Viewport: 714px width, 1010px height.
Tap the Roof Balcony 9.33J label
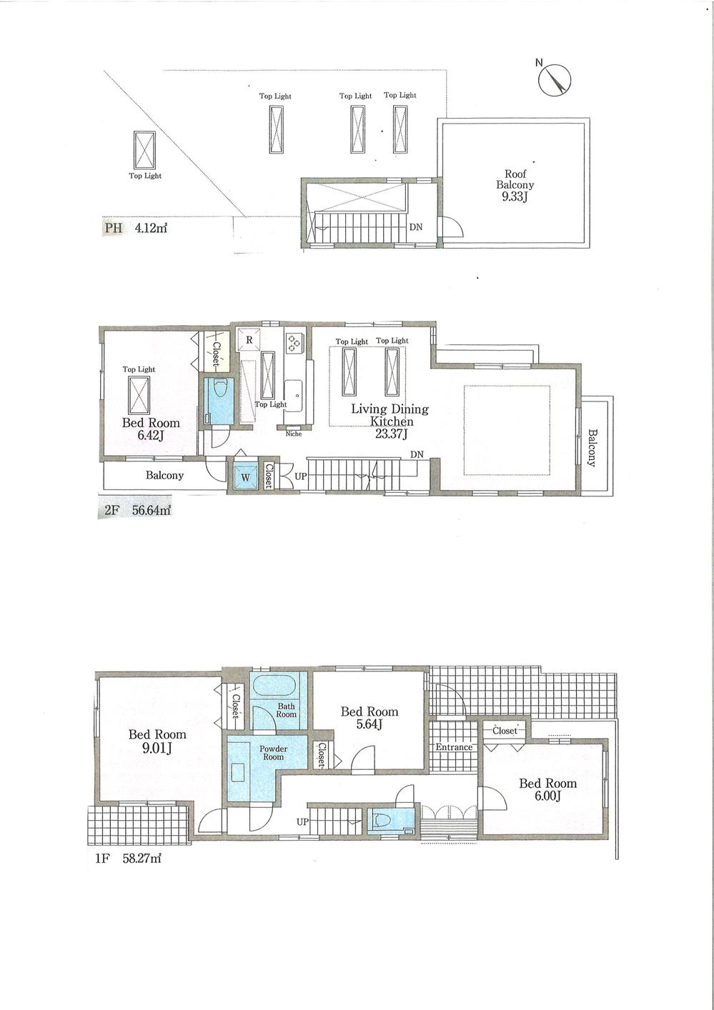pyautogui.click(x=515, y=184)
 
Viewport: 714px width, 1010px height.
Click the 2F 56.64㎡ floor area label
pyautogui.click(x=137, y=511)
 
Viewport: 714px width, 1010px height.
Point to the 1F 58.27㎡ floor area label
pyautogui.click(x=129, y=859)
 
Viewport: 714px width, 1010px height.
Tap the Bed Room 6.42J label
pyautogui.click(x=151, y=428)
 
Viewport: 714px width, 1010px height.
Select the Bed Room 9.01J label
pyautogui.click(x=157, y=741)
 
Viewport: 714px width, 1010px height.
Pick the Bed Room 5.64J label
pyautogui.click(x=370, y=718)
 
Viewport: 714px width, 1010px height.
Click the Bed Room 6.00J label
pyautogui.click(x=547, y=789)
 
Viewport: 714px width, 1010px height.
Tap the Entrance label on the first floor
pyautogui.click(x=454, y=747)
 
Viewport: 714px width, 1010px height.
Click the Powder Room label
pyautogui.click(x=273, y=752)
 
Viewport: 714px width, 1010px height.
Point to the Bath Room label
pyautogui.click(x=286, y=710)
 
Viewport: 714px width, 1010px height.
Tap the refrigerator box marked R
pyautogui.click(x=249, y=340)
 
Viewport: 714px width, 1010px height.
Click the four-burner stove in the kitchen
pyautogui.click(x=294, y=343)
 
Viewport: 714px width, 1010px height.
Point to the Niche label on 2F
pyautogui.click(x=293, y=434)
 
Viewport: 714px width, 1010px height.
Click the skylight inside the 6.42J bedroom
pyautogui.click(x=139, y=394)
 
